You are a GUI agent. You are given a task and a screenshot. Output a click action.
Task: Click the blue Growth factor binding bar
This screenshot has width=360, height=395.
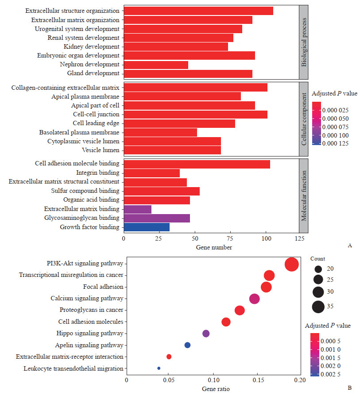(x=147, y=227)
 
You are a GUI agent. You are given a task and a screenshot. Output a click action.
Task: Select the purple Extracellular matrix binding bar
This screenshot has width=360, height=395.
(x=137, y=209)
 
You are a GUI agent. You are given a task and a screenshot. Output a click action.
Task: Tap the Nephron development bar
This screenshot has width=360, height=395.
(x=156, y=65)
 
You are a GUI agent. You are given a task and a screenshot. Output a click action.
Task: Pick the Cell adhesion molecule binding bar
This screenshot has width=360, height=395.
(x=197, y=164)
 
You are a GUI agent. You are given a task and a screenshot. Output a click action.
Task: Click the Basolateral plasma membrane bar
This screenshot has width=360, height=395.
(x=160, y=132)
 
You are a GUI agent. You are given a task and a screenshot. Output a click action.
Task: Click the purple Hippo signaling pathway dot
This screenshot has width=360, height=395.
(x=206, y=334)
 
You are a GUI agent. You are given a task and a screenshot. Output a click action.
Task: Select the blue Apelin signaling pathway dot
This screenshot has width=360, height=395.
(x=187, y=345)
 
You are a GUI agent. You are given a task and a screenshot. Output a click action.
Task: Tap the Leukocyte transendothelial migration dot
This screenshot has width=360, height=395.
(x=159, y=368)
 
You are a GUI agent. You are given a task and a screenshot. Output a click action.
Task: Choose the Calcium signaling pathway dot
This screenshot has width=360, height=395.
(x=254, y=299)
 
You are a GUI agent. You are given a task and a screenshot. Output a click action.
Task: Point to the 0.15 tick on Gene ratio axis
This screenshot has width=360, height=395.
(x=257, y=380)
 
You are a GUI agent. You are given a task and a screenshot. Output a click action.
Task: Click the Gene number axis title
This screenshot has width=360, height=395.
(x=214, y=247)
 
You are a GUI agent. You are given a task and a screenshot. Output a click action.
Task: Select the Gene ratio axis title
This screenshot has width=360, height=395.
(x=213, y=388)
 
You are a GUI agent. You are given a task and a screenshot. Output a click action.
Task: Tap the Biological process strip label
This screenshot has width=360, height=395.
(x=304, y=42)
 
